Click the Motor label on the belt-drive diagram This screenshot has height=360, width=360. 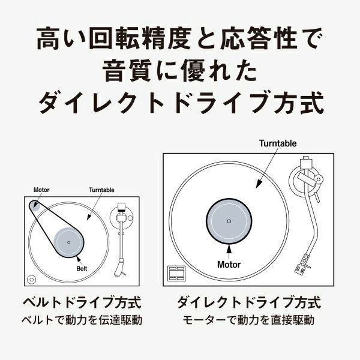tap(42, 189)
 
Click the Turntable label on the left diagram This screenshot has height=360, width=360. tap(101, 190)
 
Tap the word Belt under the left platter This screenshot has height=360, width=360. tap(82, 269)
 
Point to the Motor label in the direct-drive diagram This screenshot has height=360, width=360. tap(229, 264)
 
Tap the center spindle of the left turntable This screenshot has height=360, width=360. tap(68, 242)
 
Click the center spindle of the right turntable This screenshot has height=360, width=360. tap(229, 221)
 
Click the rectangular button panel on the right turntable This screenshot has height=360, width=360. tap(176, 273)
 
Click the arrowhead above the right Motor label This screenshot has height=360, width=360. tap(229, 248)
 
